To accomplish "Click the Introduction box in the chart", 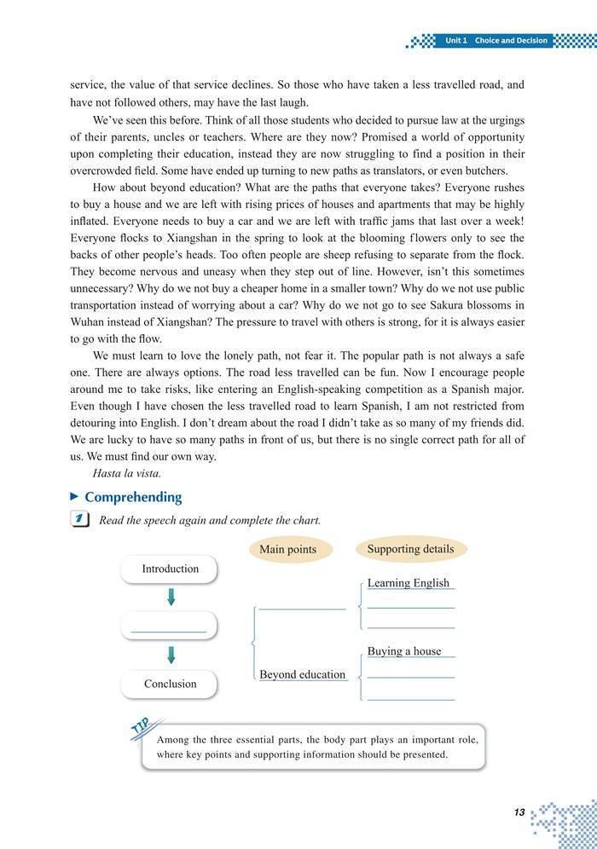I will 170,569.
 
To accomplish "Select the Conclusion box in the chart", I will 170,684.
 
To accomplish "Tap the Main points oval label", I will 287,550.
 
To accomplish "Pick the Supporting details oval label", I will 410,549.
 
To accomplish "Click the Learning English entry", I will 408,583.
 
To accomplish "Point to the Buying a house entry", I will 404,651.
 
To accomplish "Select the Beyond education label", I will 302,674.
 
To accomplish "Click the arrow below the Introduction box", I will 171,597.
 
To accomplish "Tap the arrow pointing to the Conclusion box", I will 171,655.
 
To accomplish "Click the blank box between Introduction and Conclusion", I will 170,626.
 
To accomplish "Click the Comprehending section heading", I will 132,497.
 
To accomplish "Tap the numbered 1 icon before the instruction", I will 79,519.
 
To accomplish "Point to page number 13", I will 519,812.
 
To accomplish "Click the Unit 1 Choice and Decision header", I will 496,40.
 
